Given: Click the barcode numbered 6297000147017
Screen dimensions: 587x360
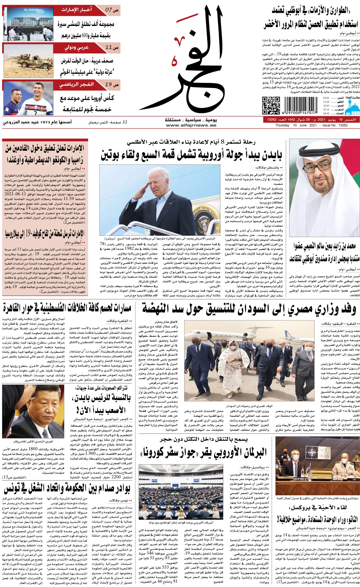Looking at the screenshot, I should pos(298,105).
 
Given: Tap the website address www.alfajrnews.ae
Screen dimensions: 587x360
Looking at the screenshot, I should pos(191,125).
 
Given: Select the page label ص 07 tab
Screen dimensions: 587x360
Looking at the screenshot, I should pos(112,10).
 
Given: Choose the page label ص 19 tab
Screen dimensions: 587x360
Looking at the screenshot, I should pos(112,85).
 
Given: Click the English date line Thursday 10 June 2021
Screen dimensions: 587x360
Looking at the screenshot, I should pos(312,125).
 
